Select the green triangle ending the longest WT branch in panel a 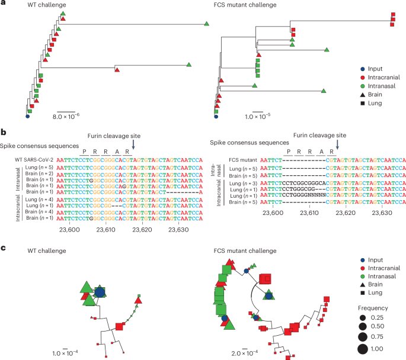coord(207,24)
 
